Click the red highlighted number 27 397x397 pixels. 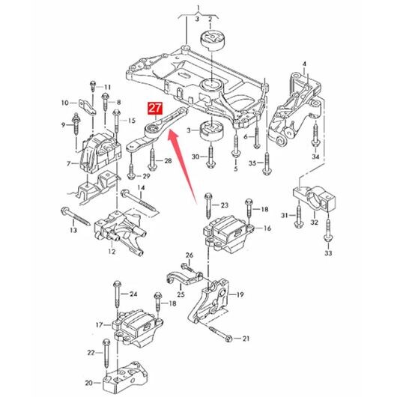[155, 108]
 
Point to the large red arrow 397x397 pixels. [182, 166]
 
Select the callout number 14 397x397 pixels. [141, 188]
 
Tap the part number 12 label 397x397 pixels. [112, 252]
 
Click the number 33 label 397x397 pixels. [328, 253]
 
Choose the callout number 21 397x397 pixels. [246, 339]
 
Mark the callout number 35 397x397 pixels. [252, 163]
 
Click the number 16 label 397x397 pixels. [267, 228]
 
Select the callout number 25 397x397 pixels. [181, 294]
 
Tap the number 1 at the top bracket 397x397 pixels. [198, 7]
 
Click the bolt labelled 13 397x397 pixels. [76, 216]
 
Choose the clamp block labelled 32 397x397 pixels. [315, 198]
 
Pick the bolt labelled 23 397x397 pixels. [208, 206]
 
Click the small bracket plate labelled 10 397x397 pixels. [87, 106]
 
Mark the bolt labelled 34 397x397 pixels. [315, 134]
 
